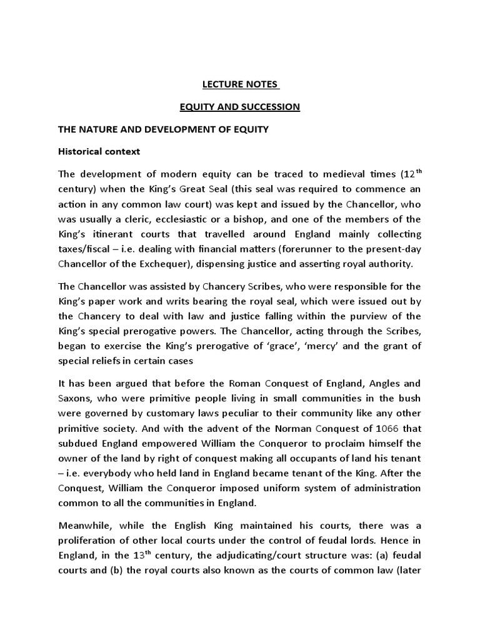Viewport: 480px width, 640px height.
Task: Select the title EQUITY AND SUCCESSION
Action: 240,107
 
